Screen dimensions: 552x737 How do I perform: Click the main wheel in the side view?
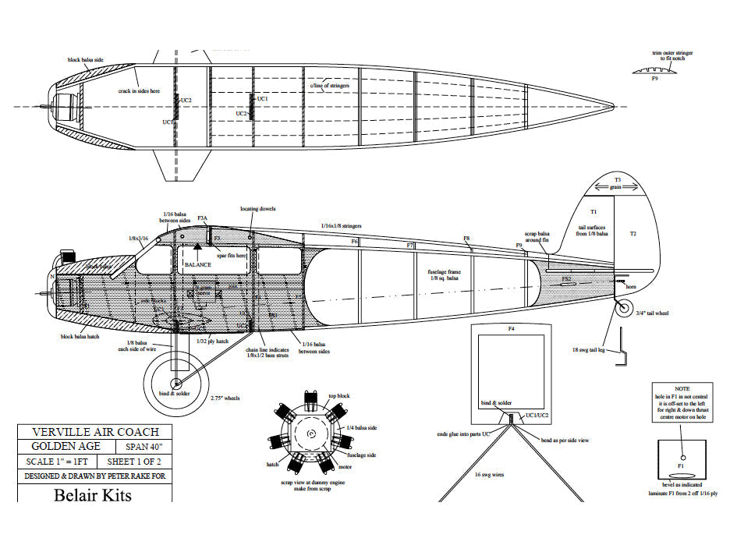pos(177,383)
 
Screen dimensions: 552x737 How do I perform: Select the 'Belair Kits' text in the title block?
pos(93,495)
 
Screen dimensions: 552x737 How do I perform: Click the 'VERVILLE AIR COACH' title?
pos(95,432)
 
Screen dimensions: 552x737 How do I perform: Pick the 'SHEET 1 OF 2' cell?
pos(140,462)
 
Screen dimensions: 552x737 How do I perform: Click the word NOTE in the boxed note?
pos(682,389)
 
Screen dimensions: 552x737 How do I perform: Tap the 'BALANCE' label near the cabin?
pos(199,264)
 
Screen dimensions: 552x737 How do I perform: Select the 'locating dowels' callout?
pos(257,209)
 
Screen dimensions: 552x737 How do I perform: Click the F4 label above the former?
pos(512,329)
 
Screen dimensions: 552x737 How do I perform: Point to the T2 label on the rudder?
pos(632,234)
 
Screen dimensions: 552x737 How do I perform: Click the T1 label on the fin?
pos(593,212)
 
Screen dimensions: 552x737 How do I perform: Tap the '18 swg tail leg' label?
pos(590,349)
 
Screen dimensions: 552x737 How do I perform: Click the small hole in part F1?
pos(682,457)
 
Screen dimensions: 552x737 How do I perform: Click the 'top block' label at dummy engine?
pos(338,396)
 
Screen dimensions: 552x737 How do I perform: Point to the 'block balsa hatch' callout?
pos(79,337)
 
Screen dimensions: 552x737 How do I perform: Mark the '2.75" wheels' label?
pos(225,398)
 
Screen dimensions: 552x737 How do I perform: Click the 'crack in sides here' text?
pos(140,91)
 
